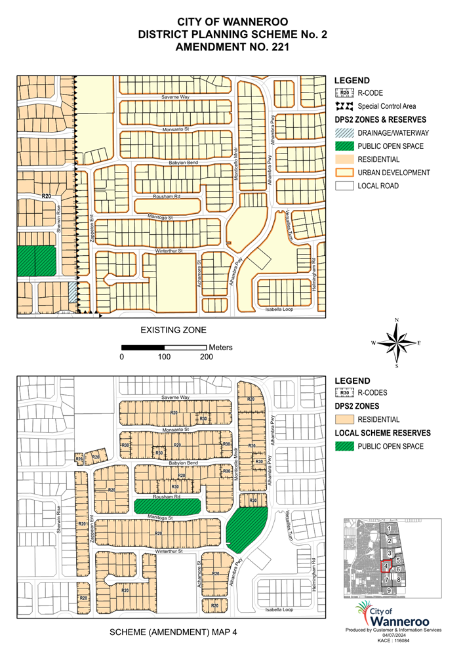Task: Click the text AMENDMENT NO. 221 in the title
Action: click(231, 48)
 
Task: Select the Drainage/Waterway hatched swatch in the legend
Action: click(344, 133)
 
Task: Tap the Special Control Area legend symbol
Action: click(344, 106)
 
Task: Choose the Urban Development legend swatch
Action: click(344, 173)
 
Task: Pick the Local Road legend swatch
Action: click(344, 186)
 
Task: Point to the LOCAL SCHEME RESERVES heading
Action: click(382, 433)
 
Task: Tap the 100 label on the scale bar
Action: click(164, 357)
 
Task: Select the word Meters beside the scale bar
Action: click(220, 347)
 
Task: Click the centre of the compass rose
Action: click(397, 342)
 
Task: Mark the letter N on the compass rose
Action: click(397, 320)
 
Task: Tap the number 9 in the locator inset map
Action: click(389, 591)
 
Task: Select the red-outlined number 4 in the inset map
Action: click(388, 566)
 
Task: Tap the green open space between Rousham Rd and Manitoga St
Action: click(167, 506)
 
